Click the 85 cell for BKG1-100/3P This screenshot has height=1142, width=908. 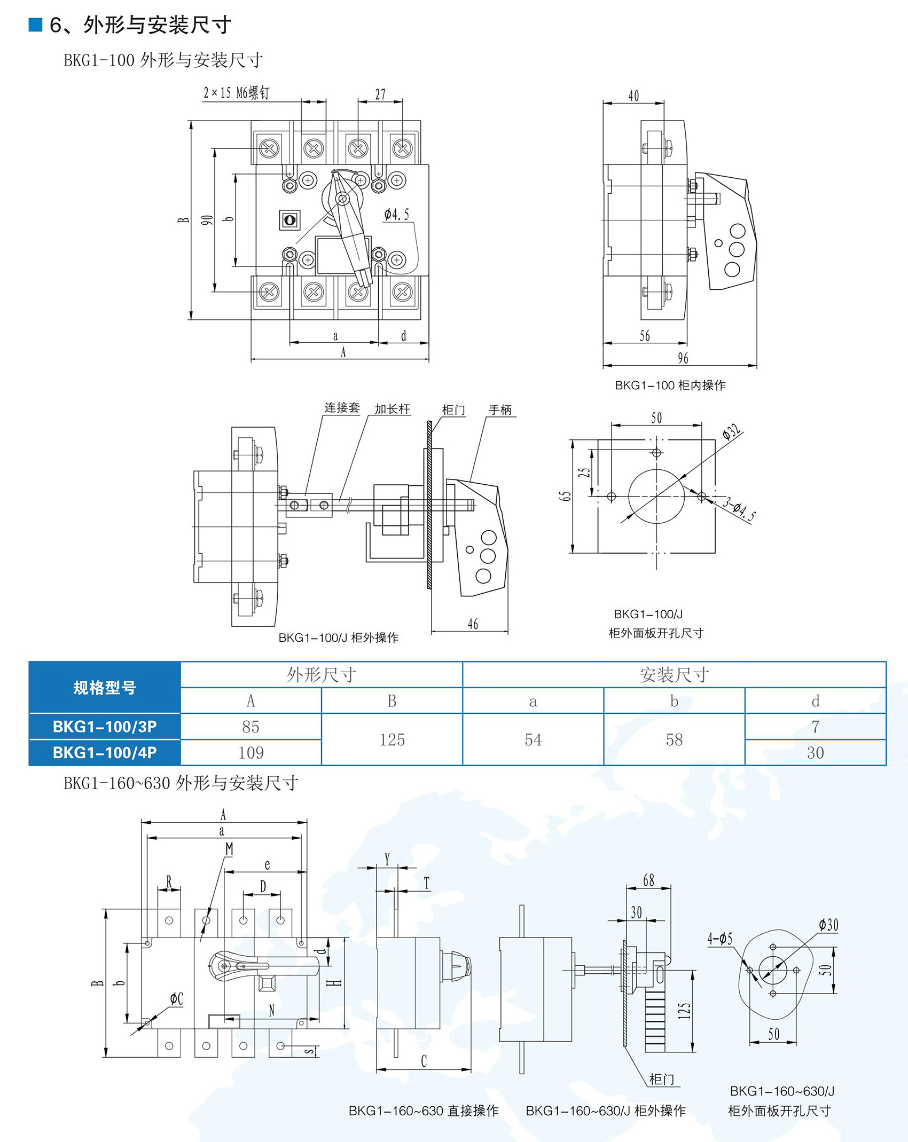pos(251,727)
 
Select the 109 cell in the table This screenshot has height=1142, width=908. pos(251,753)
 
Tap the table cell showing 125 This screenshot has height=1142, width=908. pos(392,740)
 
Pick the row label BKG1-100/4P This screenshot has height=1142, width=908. pos(105,753)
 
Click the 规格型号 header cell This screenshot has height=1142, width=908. pos(105,688)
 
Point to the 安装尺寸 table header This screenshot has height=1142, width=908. pos(674,675)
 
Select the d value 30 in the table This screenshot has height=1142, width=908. pos(815,753)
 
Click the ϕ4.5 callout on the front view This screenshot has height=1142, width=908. pos(397,215)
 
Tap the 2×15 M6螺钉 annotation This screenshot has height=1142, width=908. pos(236,93)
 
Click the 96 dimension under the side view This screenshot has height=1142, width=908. pos(683,358)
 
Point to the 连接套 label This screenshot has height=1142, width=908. pos(342,408)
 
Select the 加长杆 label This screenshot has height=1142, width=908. pos(392,409)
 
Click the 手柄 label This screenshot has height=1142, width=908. pos(500,409)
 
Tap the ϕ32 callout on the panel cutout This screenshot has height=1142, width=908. pos(732,431)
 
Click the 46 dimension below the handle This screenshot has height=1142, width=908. pos(473,624)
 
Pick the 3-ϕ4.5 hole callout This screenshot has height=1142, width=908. pos(740,509)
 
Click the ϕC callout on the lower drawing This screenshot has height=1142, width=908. pos(176,999)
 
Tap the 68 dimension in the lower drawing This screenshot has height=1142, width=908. pos(648,880)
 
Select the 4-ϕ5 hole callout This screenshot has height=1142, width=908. pos(720,939)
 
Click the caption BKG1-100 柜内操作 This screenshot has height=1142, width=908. pos(670,385)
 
